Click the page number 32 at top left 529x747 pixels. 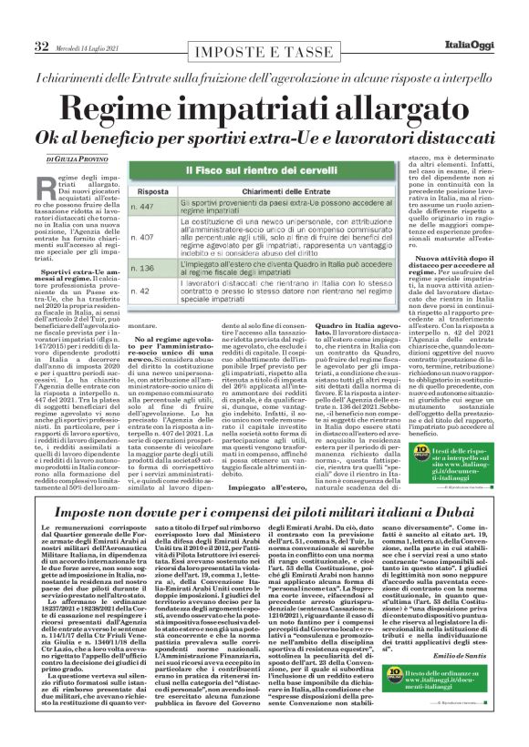(x=40, y=20)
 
